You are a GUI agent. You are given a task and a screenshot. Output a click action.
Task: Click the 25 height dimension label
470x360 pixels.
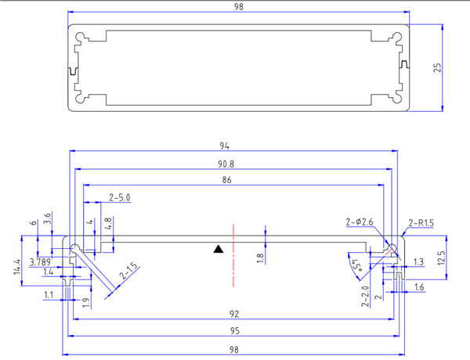pyautogui.click(x=438, y=67)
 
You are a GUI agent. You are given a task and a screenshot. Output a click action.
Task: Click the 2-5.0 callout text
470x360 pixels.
pyautogui.click(x=119, y=197)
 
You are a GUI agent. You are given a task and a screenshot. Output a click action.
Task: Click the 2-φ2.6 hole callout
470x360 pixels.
pyautogui.click(x=361, y=223)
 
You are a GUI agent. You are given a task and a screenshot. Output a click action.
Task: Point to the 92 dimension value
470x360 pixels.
pyautogui.click(x=234, y=314)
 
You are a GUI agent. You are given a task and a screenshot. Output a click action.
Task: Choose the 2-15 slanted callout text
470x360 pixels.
pyautogui.click(x=130, y=272)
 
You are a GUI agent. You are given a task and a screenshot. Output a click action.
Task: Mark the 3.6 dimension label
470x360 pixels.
pyautogui.click(x=48, y=220)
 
